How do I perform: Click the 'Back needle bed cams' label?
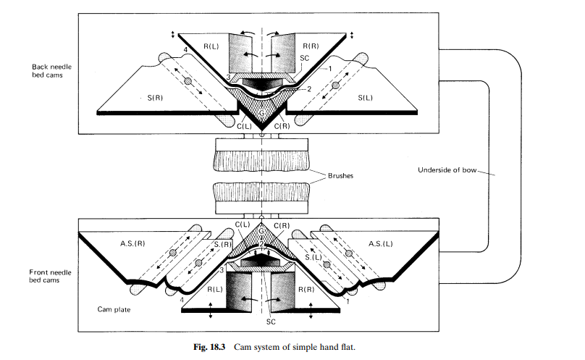coord(51,70)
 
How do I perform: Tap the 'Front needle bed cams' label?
coord(50,276)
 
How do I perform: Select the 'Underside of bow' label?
coord(447,170)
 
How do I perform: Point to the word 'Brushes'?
coord(340,175)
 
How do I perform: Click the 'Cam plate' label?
coord(114,309)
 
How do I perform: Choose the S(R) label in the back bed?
coord(155,98)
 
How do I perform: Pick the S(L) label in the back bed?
coord(365,98)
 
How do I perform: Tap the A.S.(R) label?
coord(132,243)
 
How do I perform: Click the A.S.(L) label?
coord(381,243)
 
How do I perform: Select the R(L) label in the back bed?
coord(211,46)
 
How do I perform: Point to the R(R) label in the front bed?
coord(306,290)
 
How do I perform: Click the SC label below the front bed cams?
coord(271,322)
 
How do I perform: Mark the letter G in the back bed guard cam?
coord(262,113)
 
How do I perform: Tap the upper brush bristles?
coord(261,159)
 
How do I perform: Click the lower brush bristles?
coord(261,192)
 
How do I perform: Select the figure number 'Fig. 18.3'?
coord(209,347)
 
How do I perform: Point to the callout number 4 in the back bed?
coord(185,50)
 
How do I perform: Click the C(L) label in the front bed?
coord(242,225)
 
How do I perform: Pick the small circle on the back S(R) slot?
coord(188,81)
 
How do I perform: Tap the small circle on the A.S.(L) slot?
coord(349,254)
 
